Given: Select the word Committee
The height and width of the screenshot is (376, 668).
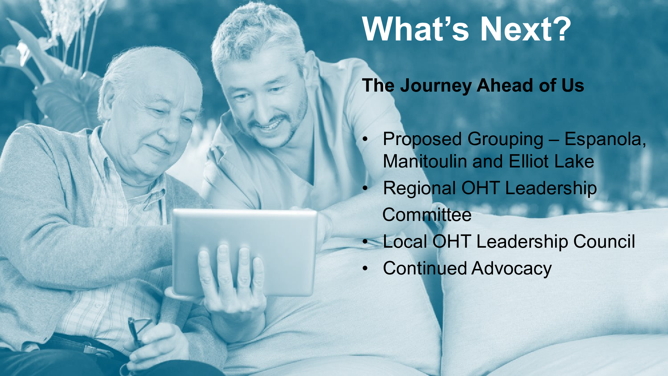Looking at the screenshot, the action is pos(427,215).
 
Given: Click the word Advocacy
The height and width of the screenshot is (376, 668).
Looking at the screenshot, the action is pos(512,269).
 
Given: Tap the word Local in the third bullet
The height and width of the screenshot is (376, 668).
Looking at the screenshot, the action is pos(405,241).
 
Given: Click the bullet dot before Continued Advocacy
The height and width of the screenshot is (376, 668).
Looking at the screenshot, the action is pos(365,268).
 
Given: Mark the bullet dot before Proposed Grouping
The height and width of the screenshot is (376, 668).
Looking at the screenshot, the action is pos(365,139).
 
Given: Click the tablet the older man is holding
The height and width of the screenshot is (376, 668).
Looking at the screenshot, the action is pos(244,252).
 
